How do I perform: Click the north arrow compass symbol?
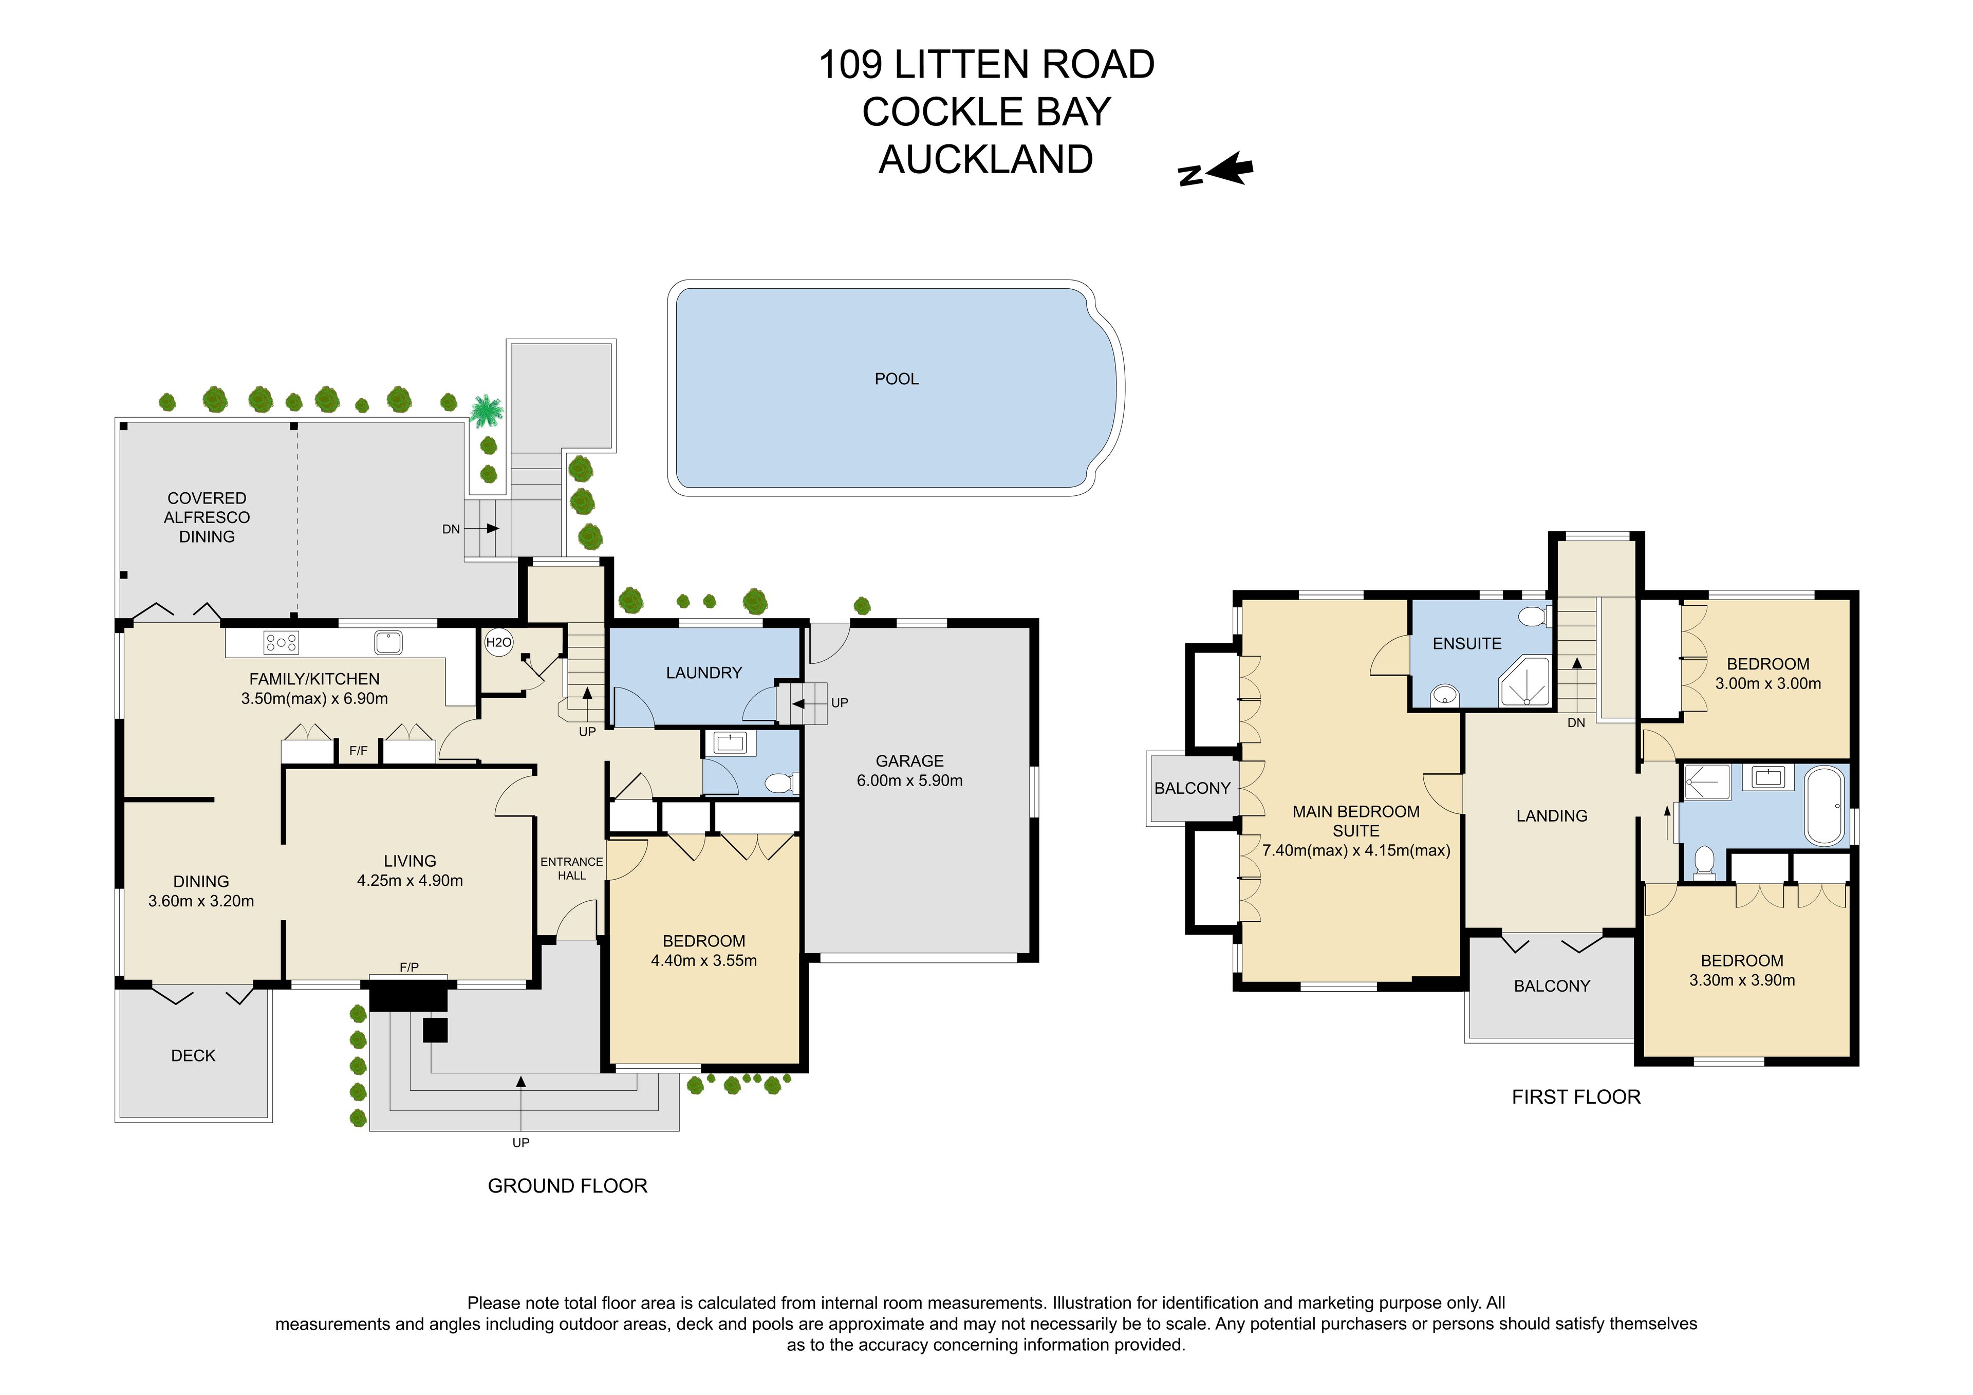[1216, 170]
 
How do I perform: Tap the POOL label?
[896, 379]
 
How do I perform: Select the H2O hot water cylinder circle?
[498, 642]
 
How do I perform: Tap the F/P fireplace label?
[409, 968]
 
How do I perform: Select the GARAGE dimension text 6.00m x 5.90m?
[909, 780]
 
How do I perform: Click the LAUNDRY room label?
[704, 673]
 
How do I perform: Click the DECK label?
[193, 1055]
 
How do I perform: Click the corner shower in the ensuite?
[1524, 681]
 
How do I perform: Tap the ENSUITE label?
[1467, 644]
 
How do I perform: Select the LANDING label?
[1552, 816]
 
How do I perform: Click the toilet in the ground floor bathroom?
[781, 782]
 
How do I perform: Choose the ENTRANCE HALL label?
[571, 868]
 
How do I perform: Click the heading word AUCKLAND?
[985, 160]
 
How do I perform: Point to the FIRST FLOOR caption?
[1576, 1097]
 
